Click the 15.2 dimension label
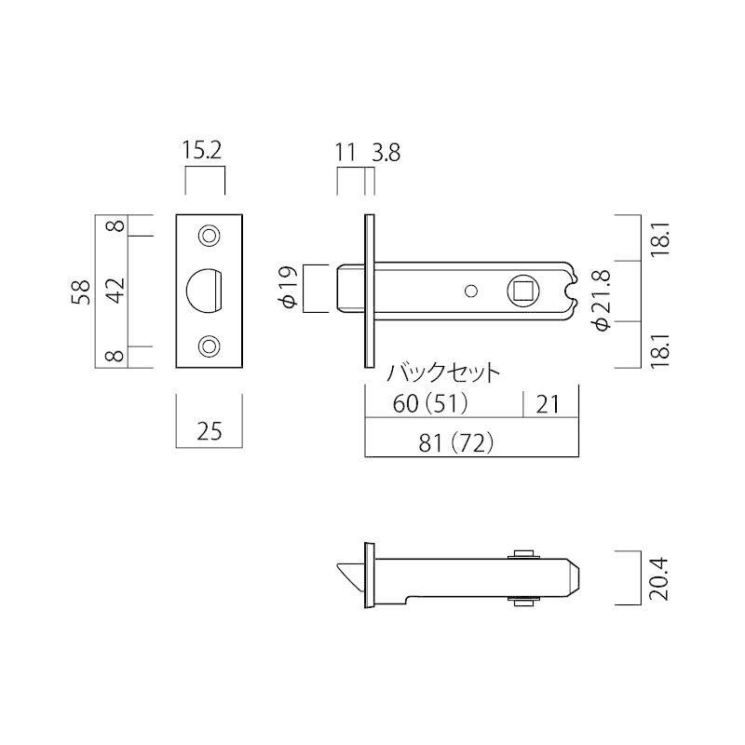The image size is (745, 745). point(202,151)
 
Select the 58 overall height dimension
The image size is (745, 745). point(82,291)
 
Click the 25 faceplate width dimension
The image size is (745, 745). point(209,431)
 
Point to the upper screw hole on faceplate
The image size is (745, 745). point(209,236)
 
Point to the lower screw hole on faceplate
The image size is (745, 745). point(209,346)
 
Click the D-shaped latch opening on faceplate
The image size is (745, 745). point(204,291)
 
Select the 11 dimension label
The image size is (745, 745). point(345,153)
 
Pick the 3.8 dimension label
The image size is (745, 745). point(386,153)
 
